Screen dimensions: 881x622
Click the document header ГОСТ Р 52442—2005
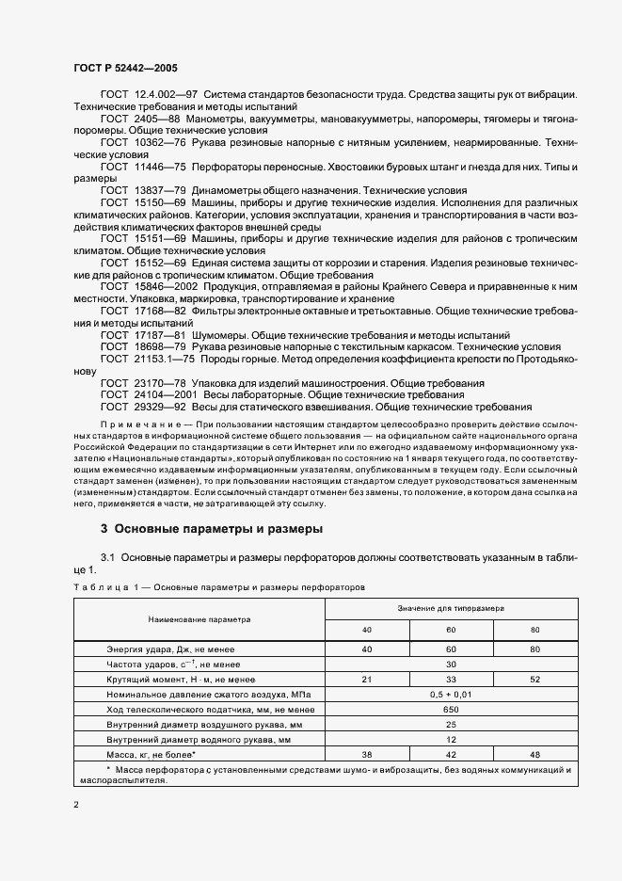[124, 70]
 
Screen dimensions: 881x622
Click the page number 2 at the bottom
[76, 805]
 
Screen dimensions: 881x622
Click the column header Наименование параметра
[199, 620]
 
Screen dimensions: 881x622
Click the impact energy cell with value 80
[534, 649]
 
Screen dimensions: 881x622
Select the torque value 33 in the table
[451, 678]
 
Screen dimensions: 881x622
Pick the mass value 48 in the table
[534, 754]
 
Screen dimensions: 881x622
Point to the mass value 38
[367, 754]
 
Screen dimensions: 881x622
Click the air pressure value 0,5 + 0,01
[451, 694]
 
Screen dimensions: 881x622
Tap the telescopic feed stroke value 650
[451, 709]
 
